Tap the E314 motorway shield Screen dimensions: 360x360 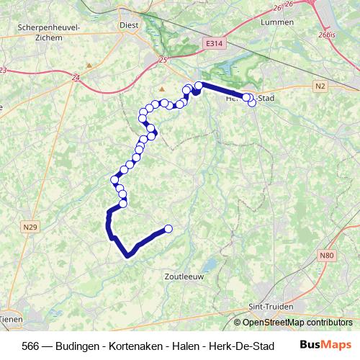(212, 43)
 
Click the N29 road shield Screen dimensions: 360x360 (29, 228)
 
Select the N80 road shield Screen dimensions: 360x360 (328, 255)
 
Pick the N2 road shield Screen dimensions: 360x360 (321, 86)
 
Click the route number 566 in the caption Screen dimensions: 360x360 (31, 344)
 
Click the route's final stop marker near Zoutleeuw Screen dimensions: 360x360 (168, 229)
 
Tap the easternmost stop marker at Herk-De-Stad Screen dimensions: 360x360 (252, 103)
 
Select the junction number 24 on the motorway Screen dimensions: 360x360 (76, 74)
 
